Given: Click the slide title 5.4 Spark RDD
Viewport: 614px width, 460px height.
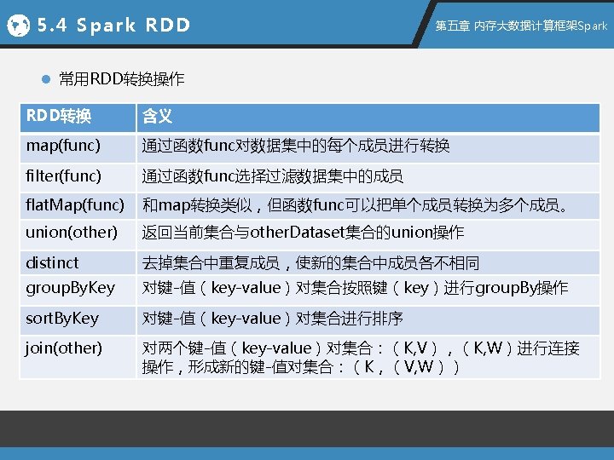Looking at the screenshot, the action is point(114,26).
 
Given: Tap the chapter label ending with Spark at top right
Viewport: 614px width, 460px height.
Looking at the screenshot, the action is point(521,26).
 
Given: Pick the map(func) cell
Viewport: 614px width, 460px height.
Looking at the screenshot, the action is point(63,146).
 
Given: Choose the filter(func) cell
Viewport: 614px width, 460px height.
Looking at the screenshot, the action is point(63,176).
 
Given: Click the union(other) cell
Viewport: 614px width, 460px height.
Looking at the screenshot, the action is point(72,233).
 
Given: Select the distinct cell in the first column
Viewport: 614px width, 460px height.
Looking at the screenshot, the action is point(52,262).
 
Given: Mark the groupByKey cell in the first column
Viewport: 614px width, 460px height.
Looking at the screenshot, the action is point(70,288).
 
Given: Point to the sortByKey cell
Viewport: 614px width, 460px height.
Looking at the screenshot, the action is point(62,319).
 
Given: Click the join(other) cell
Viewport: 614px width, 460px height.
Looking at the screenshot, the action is point(64,348).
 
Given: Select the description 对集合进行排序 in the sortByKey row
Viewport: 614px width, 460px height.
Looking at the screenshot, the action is point(349,319).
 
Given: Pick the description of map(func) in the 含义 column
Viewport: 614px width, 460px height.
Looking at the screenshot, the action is point(295,147).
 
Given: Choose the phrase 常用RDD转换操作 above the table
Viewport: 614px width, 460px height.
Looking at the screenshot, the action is point(121,80).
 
